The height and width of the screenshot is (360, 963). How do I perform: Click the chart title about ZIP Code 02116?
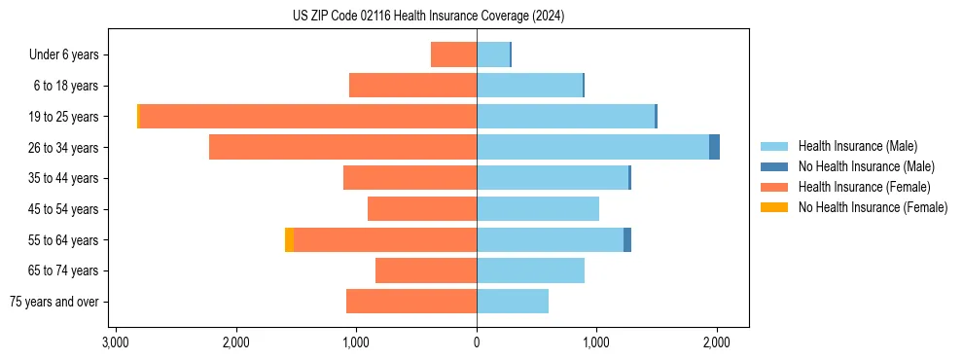click(428, 17)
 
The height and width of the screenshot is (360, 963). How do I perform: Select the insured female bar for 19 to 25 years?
click(307, 117)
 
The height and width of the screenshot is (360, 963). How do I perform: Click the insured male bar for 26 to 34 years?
click(592, 147)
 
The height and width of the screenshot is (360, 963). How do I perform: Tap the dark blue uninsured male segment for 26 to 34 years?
click(714, 147)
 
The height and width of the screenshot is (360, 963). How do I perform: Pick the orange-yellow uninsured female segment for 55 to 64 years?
click(289, 239)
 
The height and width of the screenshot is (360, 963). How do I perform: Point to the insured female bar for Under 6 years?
click(453, 54)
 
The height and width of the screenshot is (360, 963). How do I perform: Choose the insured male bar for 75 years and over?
click(513, 302)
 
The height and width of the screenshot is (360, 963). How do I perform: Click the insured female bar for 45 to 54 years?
click(422, 209)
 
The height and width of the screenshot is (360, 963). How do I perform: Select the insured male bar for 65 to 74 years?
click(530, 270)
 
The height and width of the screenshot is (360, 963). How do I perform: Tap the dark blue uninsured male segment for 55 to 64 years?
click(627, 239)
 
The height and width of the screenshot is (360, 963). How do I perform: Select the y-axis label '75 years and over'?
click(54, 302)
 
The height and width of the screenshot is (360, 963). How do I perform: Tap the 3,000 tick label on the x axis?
click(116, 342)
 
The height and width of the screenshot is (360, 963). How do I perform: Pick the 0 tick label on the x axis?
click(477, 342)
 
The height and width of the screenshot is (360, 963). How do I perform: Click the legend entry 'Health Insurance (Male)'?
click(857, 146)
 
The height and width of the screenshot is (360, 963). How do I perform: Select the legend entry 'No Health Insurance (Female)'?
click(873, 207)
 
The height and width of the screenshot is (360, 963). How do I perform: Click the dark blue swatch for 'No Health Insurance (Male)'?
click(774, 166)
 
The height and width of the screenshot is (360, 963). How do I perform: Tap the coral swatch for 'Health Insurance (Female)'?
click(774, 187)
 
